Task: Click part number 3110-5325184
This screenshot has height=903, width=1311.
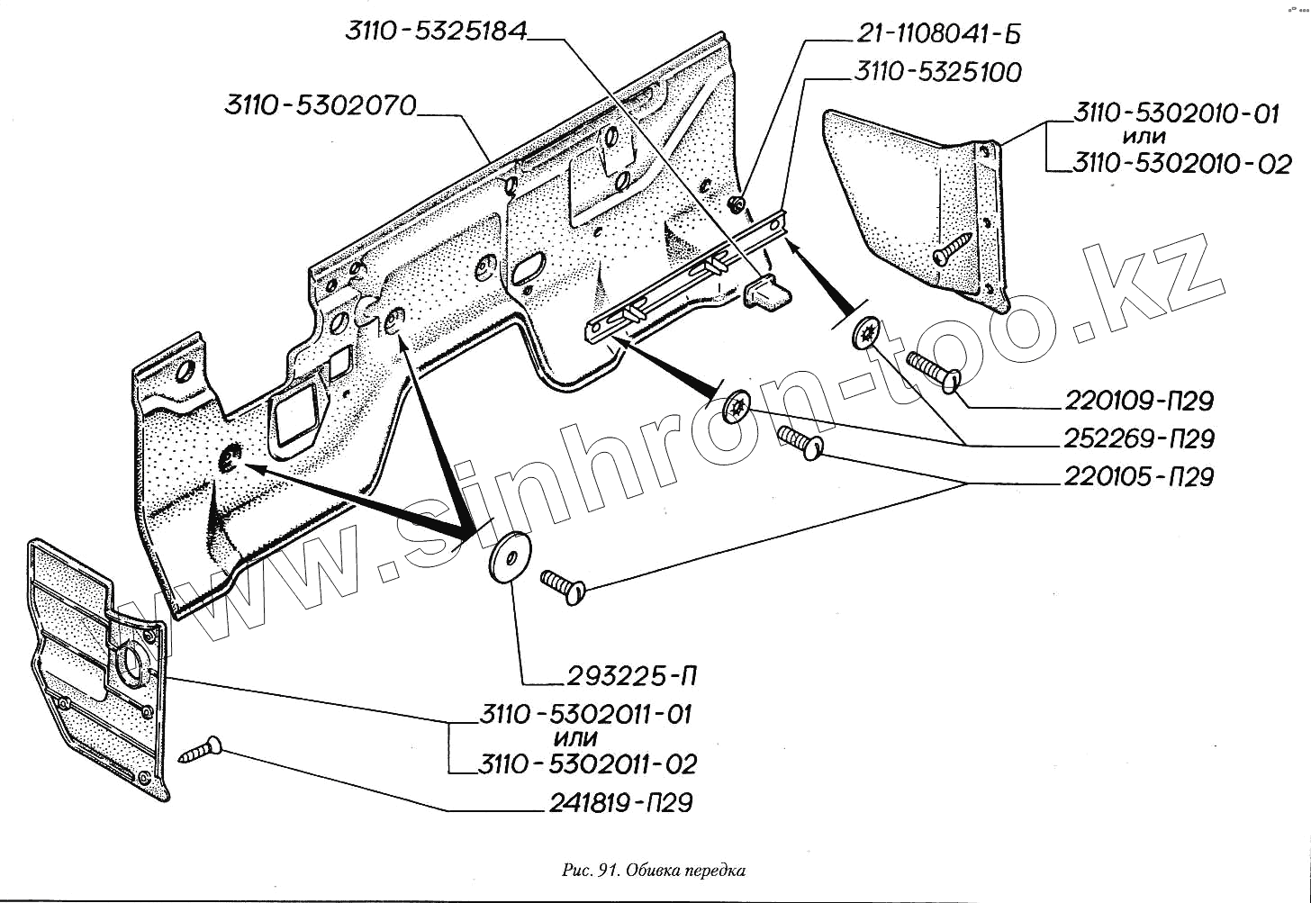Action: (436, 32)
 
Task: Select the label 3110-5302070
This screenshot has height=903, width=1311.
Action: (321, 106)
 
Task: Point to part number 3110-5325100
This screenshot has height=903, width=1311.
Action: (937, 72)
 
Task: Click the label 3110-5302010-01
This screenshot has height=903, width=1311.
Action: (1175, 114)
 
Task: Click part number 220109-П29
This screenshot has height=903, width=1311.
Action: (1139, 401)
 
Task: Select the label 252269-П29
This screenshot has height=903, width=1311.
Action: (1139, 439)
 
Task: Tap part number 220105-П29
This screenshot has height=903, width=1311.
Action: (1139, 476)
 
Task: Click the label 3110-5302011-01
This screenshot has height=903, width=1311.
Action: (585, 715)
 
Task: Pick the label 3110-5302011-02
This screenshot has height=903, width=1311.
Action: (587, 765)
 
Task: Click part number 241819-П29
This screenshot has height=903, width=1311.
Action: (620, 803)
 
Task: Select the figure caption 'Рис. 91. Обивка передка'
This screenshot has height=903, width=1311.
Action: (654, 871)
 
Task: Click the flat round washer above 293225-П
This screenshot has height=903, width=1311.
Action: (510, 555)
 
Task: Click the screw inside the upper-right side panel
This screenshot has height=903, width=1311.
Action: (953, 247)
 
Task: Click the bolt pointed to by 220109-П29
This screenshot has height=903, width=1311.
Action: (934, 373)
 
